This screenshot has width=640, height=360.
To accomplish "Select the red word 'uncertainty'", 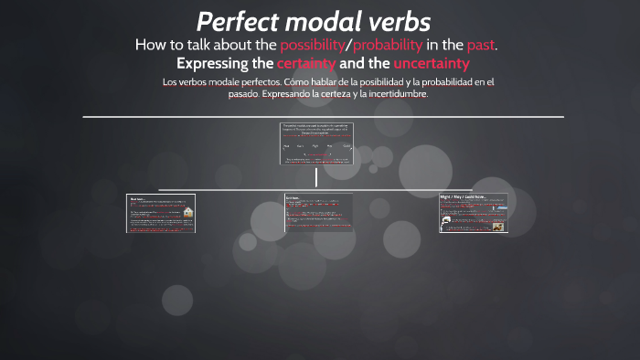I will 432,63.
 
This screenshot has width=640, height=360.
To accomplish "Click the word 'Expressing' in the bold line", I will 223,63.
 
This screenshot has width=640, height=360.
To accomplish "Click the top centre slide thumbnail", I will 316,143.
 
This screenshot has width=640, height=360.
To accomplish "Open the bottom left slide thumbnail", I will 160,213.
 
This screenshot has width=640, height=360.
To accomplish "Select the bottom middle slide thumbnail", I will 316,213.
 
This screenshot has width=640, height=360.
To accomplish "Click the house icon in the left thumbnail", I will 187,213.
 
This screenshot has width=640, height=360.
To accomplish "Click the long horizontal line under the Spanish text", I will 320,117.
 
